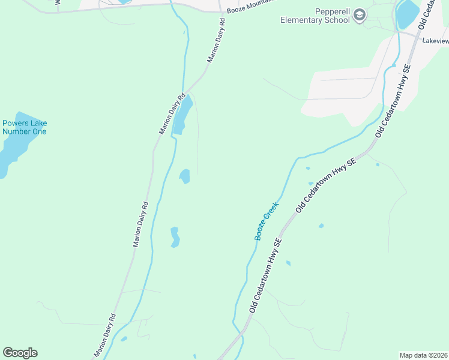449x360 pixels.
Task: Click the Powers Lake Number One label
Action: click(x=24, y=127)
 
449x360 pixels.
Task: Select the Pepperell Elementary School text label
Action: click(x=315, y=16)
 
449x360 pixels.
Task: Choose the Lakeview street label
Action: click(x=435, y=41)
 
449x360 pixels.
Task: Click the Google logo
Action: click(x=20, y=353)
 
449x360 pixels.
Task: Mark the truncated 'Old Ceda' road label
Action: click(x=430, y=14)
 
